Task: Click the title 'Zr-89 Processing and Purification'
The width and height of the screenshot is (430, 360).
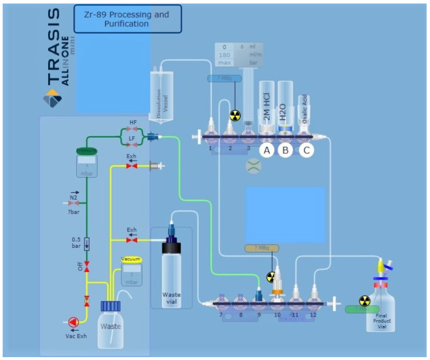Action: [127, 19]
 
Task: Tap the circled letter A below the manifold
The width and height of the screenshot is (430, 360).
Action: [267, 150]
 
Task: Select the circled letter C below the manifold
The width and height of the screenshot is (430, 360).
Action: [306, 150]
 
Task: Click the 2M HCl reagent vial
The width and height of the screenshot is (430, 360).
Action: [267, 106]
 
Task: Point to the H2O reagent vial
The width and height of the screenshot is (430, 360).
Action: [286, 106]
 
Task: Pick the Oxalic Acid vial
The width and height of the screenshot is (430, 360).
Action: [304, 112]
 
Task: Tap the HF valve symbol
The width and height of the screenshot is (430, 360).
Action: [133, 129]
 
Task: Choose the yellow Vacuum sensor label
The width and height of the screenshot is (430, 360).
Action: [131, 259]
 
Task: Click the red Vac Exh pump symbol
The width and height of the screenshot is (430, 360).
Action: [72, 322]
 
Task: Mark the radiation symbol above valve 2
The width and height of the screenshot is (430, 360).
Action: [235, 115]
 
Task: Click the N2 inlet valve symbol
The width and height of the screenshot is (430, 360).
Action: [75, 202]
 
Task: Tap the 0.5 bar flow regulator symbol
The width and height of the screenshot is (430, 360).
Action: [87, 242]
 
